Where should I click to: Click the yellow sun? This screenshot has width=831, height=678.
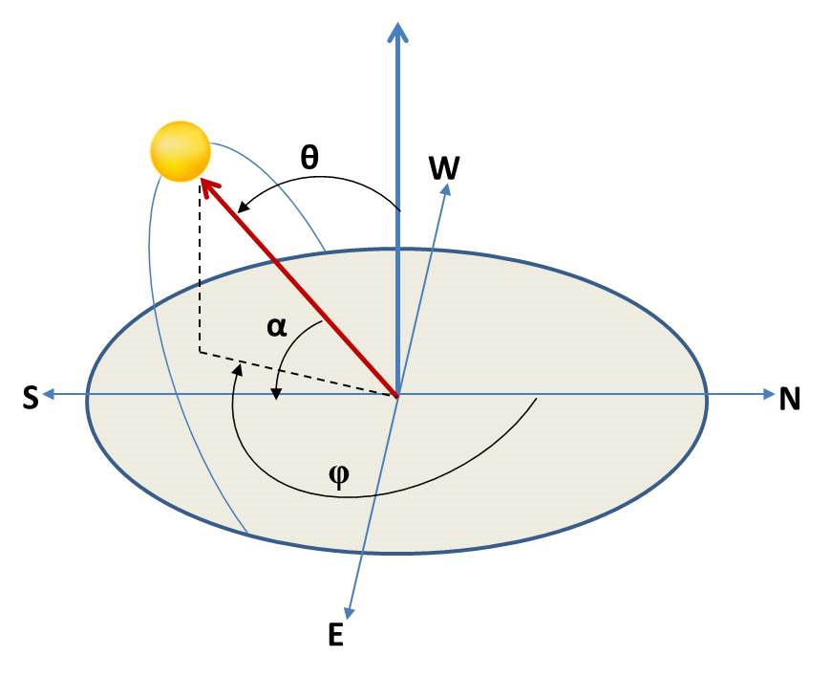coord(180,151)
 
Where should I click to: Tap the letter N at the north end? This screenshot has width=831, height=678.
coord(789,399)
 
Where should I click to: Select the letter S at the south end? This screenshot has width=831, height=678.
coord(31,399)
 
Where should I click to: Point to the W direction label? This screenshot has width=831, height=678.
coord(444,168)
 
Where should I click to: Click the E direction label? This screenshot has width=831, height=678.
coord(335,636)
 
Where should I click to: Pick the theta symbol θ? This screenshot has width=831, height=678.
coord(309,159)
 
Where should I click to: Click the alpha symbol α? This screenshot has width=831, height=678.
coord(276,327)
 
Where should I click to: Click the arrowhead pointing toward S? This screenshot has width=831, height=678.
coord(48,394)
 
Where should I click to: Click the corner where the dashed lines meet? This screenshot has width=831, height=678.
coord(200,352)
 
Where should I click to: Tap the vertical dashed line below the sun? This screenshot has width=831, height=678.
coord(200,268)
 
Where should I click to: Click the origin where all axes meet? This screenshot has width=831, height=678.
coord(397,394)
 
